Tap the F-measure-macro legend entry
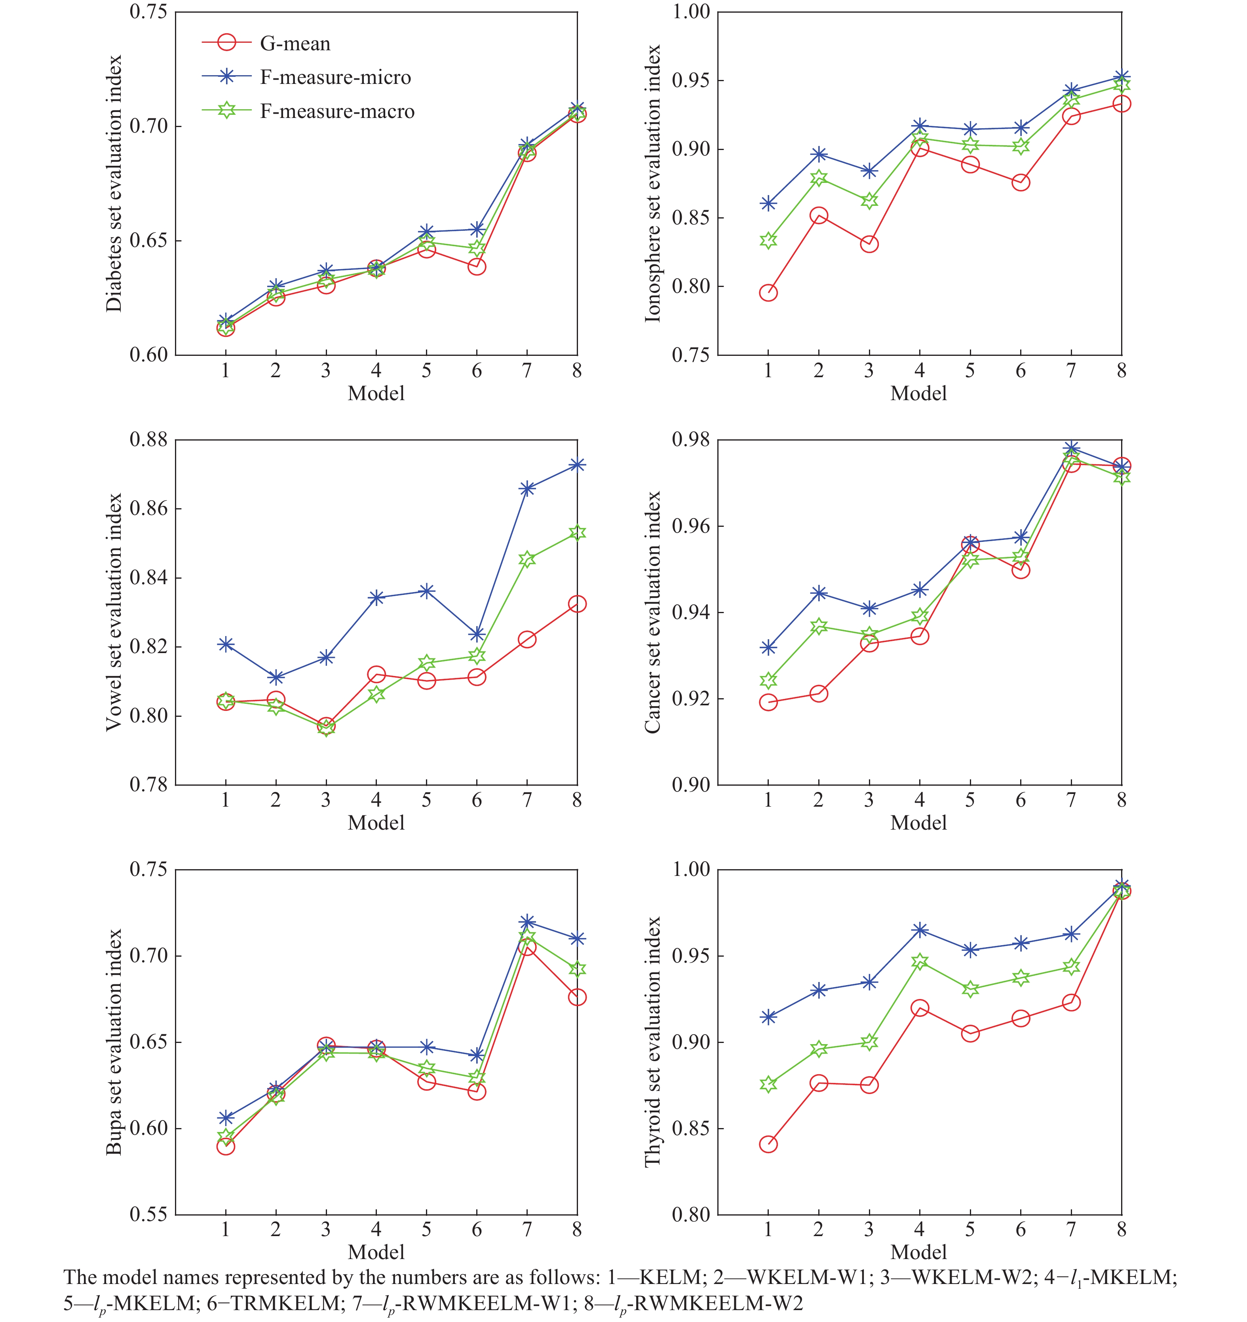(x=308, y=111)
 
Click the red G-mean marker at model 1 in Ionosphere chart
(x=768, y=293)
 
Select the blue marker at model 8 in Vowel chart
(x=577, y=465)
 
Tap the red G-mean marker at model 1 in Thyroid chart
(x=768, y=1144)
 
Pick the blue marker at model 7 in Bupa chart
(x=527, y=922)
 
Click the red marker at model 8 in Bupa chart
(x=577, y=997)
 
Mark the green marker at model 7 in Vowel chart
(x=527, y=559)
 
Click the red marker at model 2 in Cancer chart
(x=819, y=693)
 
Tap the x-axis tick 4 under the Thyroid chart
(x=920, y=1229)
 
